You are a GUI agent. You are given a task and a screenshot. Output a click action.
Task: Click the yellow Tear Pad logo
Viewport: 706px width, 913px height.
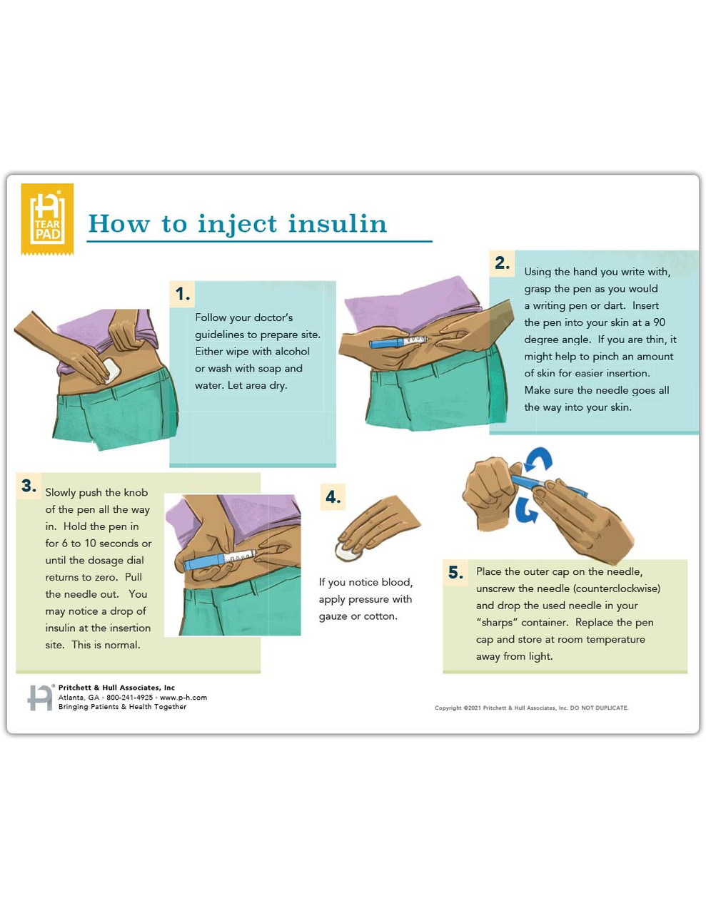pyautogui.click(x=47, y=218)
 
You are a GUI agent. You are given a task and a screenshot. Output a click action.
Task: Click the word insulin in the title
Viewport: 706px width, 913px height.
pyautogui.click(x=338, y=224)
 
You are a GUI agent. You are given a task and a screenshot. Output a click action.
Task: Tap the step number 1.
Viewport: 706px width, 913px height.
pyautogui.click(x=182, y=294)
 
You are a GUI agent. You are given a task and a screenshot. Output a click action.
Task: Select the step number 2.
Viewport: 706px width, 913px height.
pyautogui.click(x=502, y=263)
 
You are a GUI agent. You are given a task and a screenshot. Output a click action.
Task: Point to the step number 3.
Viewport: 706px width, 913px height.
pyautogui.click(x=29, y=486)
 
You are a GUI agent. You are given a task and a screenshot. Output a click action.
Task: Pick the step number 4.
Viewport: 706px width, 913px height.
pyautogui.click(x=333, y=497)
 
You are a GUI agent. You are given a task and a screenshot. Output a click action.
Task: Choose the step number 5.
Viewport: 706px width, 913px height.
pyautogui.click(x=455, y=573)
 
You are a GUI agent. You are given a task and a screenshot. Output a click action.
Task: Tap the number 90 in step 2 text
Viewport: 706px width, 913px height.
pyautogui.click(x=659, y=322)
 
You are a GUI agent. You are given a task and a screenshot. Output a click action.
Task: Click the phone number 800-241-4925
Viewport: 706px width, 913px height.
pyautogui.click(x=129, y=698)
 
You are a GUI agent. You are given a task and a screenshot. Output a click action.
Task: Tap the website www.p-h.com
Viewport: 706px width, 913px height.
pyautogui.click(x=183, y=698)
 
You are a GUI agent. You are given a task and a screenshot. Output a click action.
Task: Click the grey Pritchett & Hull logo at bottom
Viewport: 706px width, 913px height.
pyautogui.click(x=41, y=697)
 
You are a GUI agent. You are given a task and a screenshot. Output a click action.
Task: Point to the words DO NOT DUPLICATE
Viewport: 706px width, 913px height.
pyautogui.click(x=599, y=708)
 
